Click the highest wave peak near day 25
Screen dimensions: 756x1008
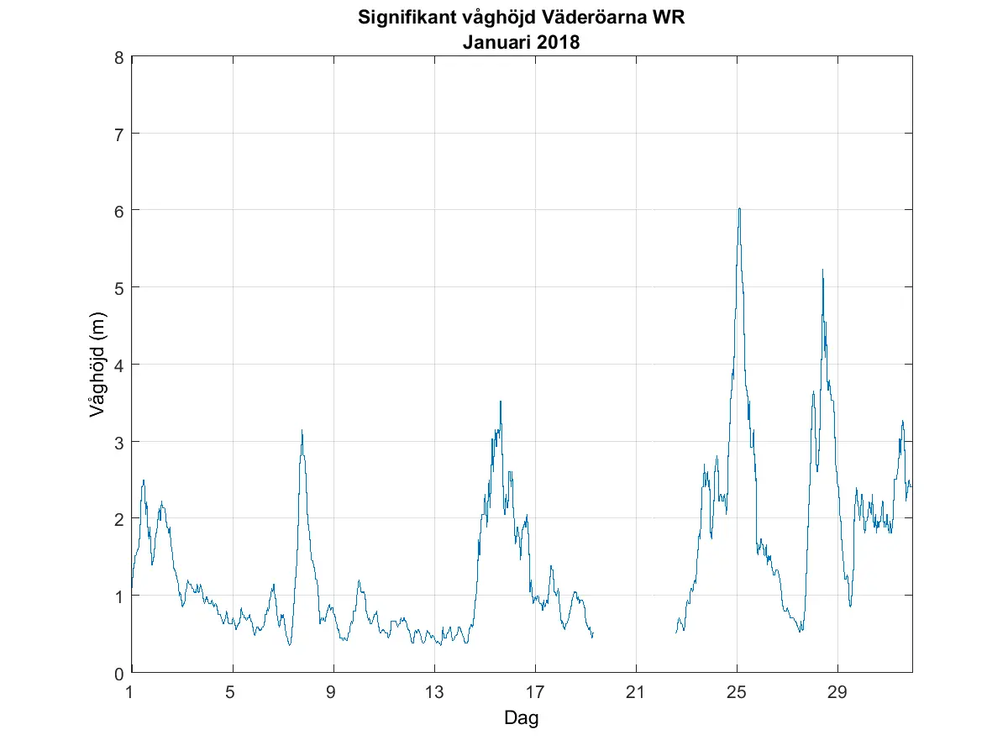[739, 208]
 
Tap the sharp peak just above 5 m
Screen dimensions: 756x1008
[822, 270]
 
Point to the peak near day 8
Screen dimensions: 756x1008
[302, 430]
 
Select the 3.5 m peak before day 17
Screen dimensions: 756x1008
[501, 402]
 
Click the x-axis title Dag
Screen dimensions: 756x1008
[521, 718]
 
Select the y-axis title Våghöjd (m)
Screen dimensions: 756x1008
[97, 365]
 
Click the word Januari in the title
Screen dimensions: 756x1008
[496, 42]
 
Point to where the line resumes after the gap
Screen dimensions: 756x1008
[676, 632]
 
